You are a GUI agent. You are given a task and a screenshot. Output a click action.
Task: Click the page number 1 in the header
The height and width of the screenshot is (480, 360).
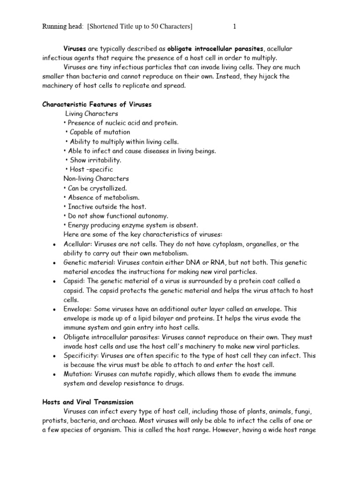coord(234,27)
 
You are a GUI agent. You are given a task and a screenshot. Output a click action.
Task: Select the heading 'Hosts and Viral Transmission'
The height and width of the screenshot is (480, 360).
coord(88,402)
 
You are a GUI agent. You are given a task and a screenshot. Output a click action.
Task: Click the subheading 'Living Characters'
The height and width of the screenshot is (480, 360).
coord(91,113)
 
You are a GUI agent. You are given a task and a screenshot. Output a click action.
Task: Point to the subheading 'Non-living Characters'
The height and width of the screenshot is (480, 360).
coord(96,179)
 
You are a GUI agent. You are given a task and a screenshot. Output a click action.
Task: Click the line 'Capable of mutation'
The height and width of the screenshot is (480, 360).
coord(100,132)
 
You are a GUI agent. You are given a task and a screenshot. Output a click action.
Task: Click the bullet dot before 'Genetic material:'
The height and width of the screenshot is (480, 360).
coord(55,263)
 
